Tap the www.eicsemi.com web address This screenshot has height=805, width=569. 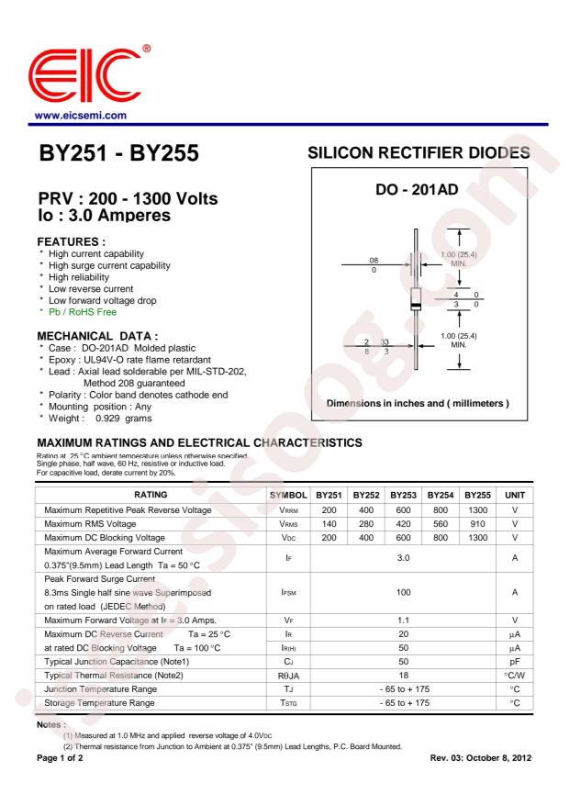coord(80,116)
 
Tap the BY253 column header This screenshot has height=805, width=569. coord(401,494)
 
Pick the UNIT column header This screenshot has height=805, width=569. coord(516,494)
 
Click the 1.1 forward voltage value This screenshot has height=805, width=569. coord(401,621)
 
